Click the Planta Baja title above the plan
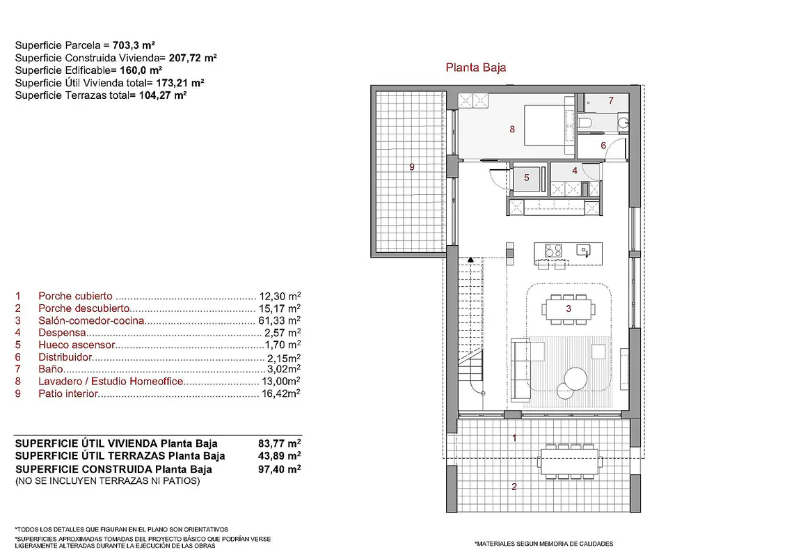click(476, 68)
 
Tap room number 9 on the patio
click(411, 166)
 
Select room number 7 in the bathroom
click(611, 100)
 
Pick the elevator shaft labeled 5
click(527, 178)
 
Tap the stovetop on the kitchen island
click(554, 250)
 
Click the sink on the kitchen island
click(583, 250)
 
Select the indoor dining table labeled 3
click(569, 308)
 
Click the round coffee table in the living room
click(575, 378)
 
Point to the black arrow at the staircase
click(470, 260)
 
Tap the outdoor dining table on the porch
click(570, 461)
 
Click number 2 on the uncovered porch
click(514, 486)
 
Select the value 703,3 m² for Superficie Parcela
click(134, 45)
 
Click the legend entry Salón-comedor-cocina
click(91, 320)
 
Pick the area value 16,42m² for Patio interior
click(281, 393)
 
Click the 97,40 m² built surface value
click(280, 469)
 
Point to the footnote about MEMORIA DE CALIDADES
click(544, 544)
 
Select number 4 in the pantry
click(575, 171)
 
